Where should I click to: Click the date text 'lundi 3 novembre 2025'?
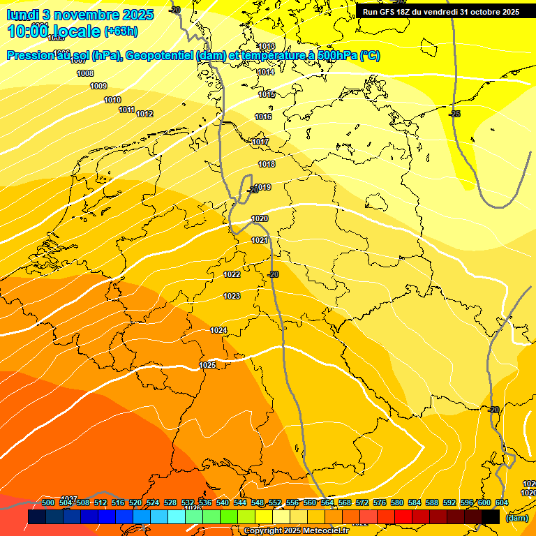point(71,15)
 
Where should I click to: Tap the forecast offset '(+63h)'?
point(121,31)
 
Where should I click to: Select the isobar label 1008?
point(85,73)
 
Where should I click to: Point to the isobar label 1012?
point(144,114)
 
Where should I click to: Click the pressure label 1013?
point(267,47)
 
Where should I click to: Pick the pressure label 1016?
point(263,117)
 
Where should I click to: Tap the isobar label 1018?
point(267,164)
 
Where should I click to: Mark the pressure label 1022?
point(232,274)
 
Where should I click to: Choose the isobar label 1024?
point(218,330)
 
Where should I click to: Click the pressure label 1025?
point(207,365)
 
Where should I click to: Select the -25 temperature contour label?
point(454,113)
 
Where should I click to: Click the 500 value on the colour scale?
point(48,502)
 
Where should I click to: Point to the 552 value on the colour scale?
point(275,502)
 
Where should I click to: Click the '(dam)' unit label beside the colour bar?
point(517,517)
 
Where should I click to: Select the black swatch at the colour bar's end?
point(491,516)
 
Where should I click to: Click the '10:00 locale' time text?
point(53,31)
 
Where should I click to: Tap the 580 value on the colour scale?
point(397,502)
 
